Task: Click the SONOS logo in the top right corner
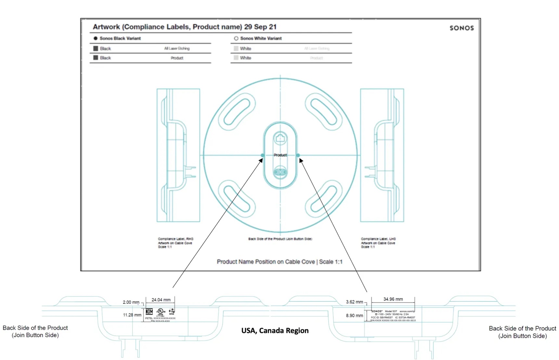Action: coord(461,28)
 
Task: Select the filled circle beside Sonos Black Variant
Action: coord(96,38)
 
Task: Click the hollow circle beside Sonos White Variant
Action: coord(236,38)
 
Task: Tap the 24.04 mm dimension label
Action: coord(161,300)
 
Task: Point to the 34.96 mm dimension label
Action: coord(393,299)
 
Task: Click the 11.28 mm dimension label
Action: coord(132,315)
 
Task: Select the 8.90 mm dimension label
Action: coord(354,315)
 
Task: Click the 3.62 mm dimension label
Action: coord(354,302)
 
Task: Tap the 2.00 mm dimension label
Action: coord(131,302)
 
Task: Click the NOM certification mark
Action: coord(149,312)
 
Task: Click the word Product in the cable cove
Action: coord(280,155)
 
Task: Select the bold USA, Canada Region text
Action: coord(275,330)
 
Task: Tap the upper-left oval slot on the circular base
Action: coord(237,112)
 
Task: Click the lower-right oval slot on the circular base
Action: coord(324,198)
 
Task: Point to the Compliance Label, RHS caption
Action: coord(175,239)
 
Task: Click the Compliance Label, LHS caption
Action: coord(378,239)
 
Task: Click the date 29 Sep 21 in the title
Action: coord(260,27)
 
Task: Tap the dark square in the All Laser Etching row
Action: coord(96,48)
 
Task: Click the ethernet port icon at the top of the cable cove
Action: coord(280,139)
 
